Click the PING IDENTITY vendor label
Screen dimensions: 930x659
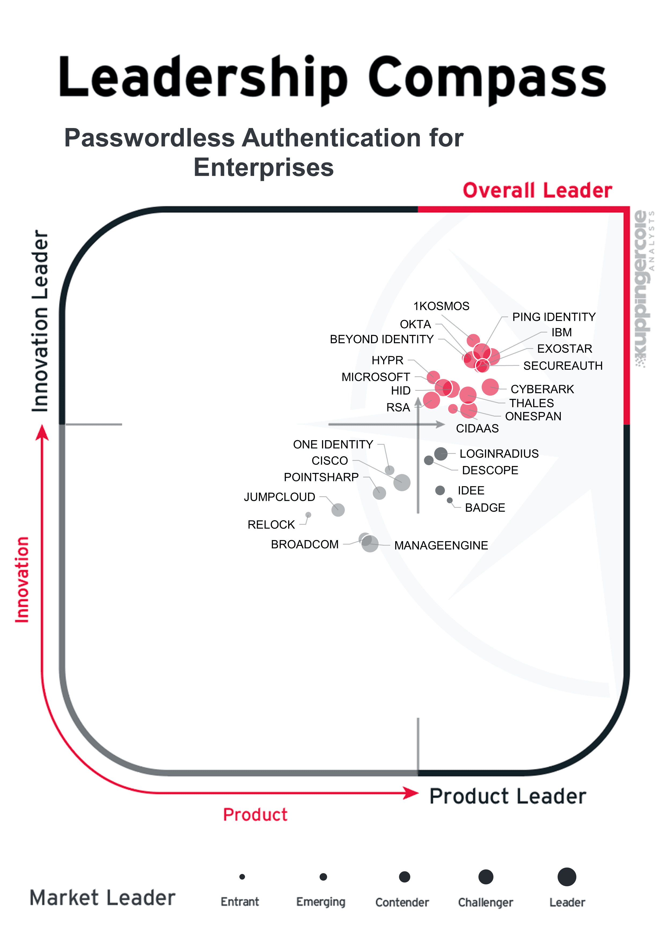554,317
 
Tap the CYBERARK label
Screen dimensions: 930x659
542,389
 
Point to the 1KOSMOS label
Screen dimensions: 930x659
441,306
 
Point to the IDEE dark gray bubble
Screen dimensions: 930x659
440,490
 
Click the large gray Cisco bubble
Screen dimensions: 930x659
402,482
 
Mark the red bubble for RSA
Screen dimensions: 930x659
431,400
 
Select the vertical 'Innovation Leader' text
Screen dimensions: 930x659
40,321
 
